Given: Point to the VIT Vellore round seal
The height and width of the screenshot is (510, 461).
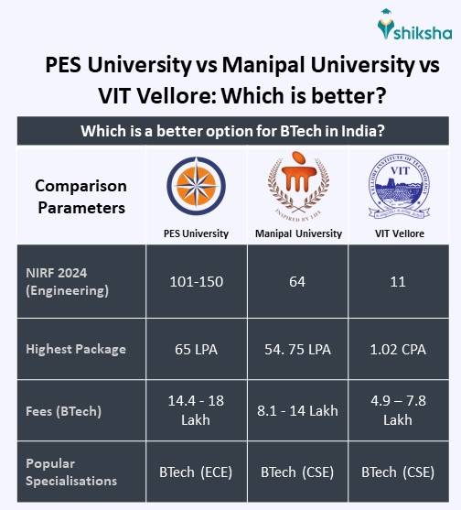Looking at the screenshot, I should tap(398, 187).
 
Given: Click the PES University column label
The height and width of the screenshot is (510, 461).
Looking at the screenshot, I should tap(197, 233).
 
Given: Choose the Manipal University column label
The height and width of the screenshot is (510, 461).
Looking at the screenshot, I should tap(298, 233).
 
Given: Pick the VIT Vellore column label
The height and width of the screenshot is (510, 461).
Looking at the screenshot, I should tap(398, 233).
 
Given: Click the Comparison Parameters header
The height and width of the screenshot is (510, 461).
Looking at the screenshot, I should tap(80, 196).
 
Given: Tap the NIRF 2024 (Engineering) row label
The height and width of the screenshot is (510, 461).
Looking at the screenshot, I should tap(68, 283).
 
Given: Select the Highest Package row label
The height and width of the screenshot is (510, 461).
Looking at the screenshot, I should tap(75, 349).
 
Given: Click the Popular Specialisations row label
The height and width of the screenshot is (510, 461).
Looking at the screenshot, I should tap(71, 472).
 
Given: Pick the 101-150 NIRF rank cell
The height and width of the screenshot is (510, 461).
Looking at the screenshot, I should tap(197, 282).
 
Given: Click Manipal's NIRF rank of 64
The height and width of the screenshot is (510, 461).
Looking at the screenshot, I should tap(297, 282).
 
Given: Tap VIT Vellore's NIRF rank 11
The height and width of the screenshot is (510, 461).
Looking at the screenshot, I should tap(398, 282).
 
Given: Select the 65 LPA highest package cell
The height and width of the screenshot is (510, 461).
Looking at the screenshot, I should tap(197, 349).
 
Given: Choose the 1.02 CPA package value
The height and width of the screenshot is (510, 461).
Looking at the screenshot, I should tap(398, 349).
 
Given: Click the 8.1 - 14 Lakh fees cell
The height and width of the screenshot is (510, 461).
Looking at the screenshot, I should tap(298, 410).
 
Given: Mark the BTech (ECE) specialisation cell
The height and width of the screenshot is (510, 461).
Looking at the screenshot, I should tap(197, 472).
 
